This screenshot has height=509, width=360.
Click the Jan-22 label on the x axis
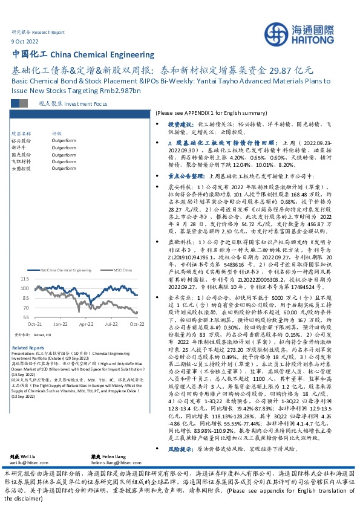(x=59, y=325)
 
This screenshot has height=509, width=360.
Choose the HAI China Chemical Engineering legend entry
(x=66, y=269)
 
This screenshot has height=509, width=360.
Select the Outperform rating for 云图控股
(x=63, y=169)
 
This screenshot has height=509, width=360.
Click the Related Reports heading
(x=28, y=348)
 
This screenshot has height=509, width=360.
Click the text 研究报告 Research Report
(x=38, y=31)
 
